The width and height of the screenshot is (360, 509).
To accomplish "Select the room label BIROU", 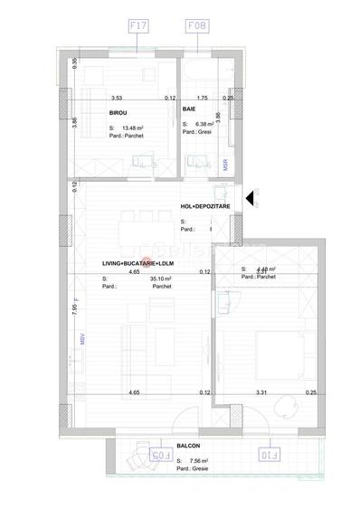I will click(x=117, y=112).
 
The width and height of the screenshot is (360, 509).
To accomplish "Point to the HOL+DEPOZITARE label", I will click(x=205, y=206).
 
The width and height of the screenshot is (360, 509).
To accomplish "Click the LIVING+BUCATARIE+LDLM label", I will click(x=137, y=263).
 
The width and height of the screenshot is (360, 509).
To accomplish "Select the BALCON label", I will click(x=189, y=446).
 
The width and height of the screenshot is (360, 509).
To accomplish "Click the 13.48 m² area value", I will click(x=135, y=128).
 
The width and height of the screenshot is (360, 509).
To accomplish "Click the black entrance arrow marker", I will click(x=249, y=198).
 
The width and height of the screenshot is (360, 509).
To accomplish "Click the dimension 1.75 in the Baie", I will click(x=202, y=98).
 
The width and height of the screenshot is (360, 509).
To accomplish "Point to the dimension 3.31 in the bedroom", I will click(x=261, y=392).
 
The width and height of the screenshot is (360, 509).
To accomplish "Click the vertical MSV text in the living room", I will click(x=81, y=341).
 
